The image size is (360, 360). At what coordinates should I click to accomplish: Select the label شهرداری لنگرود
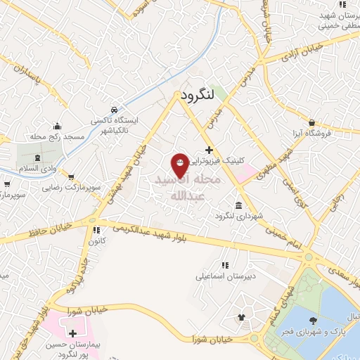pos(243,215)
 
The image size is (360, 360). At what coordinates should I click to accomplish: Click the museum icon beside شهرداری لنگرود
pos(239,205)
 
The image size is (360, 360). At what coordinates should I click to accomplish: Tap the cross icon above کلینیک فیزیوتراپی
pos(209,150)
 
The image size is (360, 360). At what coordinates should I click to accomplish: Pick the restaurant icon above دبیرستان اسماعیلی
pos(225,265)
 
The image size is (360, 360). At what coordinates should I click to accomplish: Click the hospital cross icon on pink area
pos(73,331)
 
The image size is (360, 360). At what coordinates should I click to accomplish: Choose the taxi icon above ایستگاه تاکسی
pos(114,111)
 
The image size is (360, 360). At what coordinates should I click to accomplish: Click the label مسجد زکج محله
pos(57,135)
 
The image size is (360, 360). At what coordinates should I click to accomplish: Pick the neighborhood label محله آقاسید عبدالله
pos(190,187)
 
